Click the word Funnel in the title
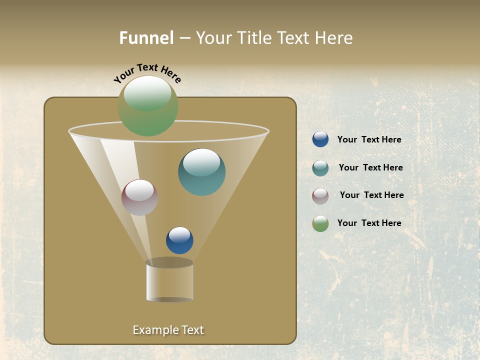point(146,38)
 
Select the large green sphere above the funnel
point(148,106)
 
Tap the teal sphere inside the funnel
point(201,172)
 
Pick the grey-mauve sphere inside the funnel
point(139,197)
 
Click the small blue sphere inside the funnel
point(179,240)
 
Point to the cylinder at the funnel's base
point(169,280)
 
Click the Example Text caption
point(168,330)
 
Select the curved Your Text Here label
point(147,73)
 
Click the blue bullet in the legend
point(320,139)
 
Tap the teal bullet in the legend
point(320,168)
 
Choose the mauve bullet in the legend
point(320,196)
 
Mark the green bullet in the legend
point(320,223)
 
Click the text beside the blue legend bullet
point(369,139)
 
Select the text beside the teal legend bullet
point(370,167)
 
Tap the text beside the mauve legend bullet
point(371,195)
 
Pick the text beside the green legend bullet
point(369,223)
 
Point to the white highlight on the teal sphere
point(201,162)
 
